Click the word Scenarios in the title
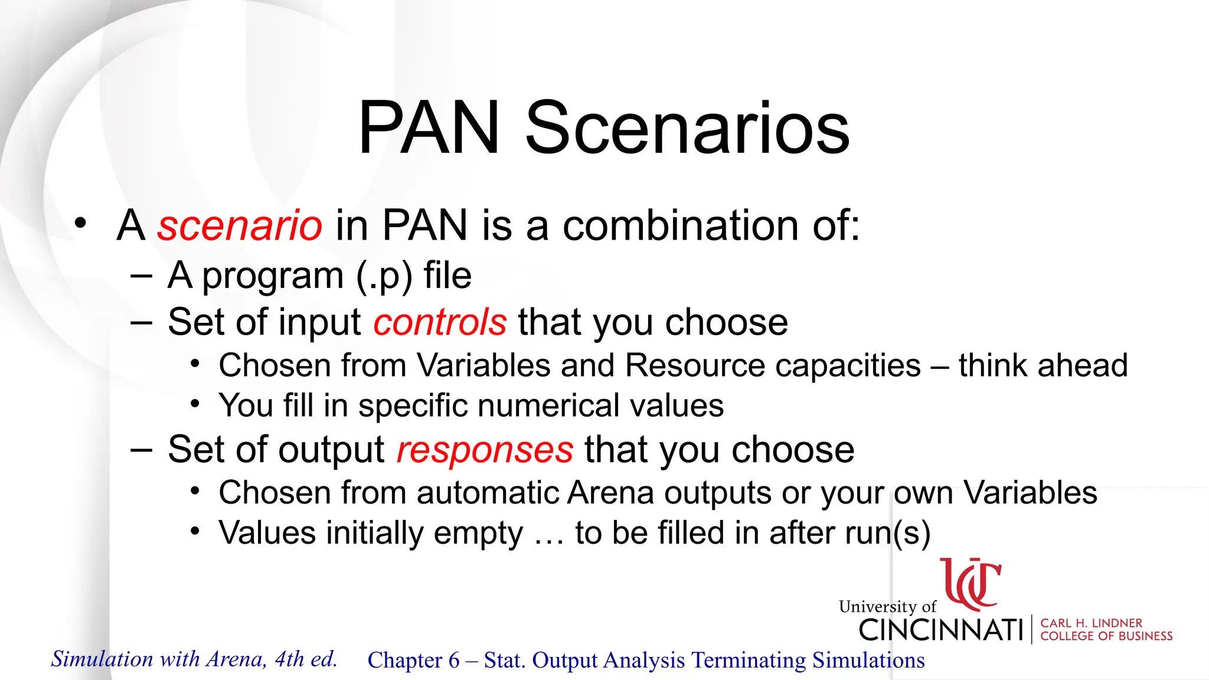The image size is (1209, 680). [x=687, y=129]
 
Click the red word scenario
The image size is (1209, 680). [x=240, y=225]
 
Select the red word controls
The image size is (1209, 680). [x=440, y=322]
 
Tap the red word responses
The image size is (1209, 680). [x=485, y=450]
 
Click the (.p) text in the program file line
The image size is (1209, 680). [x=384, y=276]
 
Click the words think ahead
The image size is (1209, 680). [x=1043, y=365]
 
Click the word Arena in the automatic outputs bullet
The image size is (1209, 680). [x=610, y=492]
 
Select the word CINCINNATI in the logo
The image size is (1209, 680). [x=940, y=630]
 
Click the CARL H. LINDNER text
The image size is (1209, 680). [x=1091, y=623]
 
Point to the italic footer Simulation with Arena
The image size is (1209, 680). [x=194, y=659]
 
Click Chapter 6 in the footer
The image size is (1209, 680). [x=413, y=660]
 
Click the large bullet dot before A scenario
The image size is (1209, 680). [x=80, y=224]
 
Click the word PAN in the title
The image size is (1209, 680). [x=429, y=129]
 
